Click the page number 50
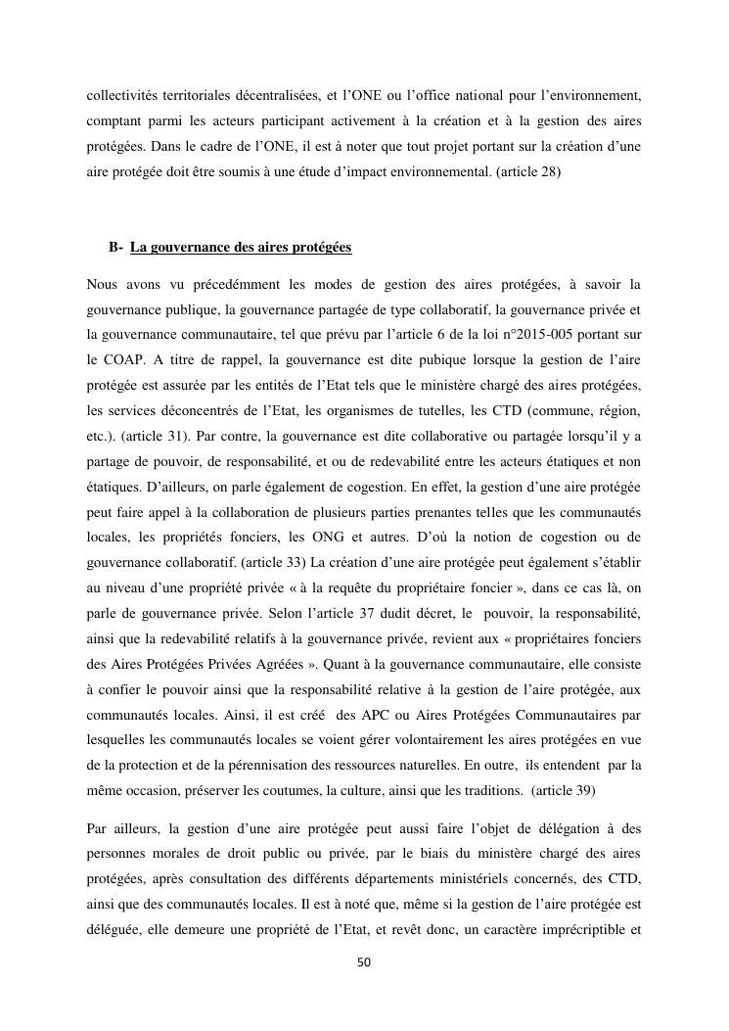point(364,962)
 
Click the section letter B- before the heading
point(115,248)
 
